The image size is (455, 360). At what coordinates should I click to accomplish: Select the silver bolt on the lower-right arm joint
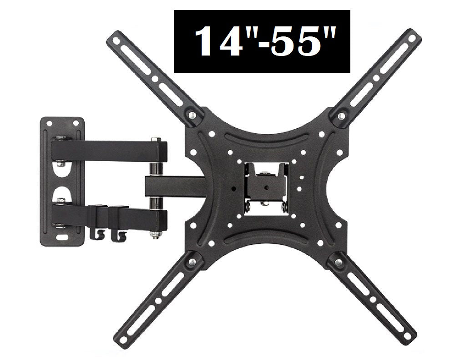(338, 261)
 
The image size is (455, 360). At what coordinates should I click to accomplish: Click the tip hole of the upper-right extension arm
(412, 38)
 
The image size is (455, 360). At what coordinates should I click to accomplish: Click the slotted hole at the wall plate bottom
(62, 237)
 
